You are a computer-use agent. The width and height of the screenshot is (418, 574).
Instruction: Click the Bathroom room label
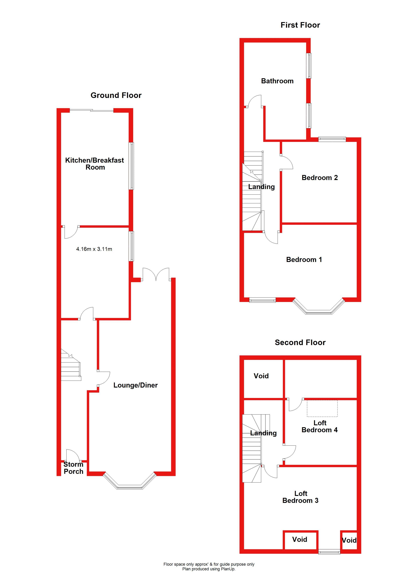point(277,81)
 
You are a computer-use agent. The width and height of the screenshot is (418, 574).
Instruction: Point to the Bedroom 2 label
point(319,178)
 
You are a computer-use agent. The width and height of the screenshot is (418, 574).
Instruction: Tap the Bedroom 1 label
point(304,260)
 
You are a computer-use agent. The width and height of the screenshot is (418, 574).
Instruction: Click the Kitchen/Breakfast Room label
point(95,164)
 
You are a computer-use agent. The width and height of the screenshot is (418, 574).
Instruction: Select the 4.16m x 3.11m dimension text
point(94,249)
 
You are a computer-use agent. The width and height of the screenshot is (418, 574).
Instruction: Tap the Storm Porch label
point(73,468)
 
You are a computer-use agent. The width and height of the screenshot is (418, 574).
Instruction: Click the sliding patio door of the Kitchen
point(91,110)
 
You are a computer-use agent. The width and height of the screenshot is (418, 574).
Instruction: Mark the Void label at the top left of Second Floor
point(261,376)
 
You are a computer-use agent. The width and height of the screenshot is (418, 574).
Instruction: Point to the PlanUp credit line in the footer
point(209,569)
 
